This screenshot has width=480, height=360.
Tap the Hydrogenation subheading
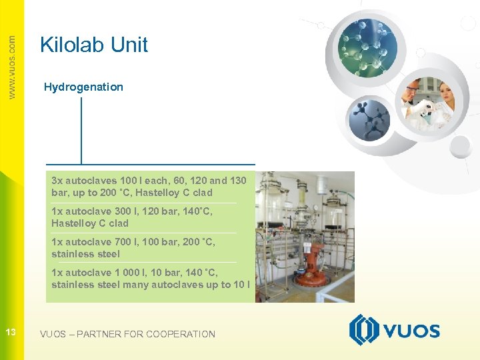[x=83, y=87]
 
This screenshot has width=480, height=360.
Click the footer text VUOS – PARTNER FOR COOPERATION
[x=127, y=334]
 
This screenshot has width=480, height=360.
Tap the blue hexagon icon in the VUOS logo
[x=363, y=330]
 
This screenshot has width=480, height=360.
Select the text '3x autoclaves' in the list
[x=83, y=181]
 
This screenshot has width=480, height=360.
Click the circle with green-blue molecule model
[x=368, y=45]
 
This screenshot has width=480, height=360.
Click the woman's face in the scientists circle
[x=447, y=93]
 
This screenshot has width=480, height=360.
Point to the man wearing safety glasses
[x=413, y=89]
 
